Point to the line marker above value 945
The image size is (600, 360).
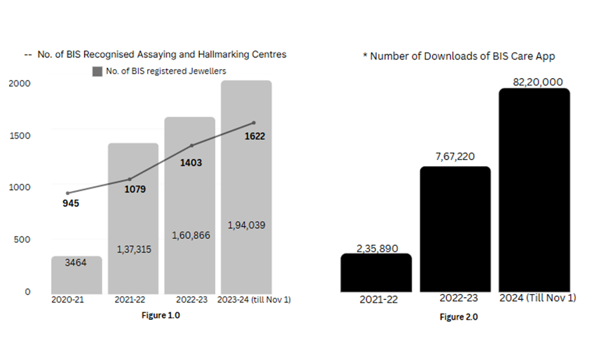(68, 193)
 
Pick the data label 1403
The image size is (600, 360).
(191, 162)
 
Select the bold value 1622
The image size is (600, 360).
(254, 136)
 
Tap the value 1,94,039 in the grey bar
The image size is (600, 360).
(247, 225)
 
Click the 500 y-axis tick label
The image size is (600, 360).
(22, 239)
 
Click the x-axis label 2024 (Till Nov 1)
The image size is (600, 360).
(538, 298)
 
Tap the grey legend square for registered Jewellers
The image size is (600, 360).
(97, 71)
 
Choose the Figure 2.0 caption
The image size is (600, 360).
(458, 317)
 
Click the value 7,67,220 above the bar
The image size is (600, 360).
(454, 157)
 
